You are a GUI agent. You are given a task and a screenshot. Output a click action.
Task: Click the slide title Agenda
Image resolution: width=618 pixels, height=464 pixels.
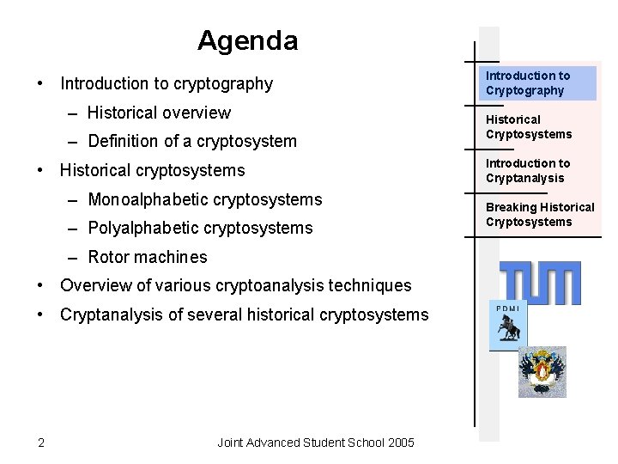click(247, 40)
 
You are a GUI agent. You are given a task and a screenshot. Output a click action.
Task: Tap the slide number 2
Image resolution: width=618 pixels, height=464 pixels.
click(41, 443)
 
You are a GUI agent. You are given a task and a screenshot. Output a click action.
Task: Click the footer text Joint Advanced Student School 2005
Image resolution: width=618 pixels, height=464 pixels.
click(315, 443)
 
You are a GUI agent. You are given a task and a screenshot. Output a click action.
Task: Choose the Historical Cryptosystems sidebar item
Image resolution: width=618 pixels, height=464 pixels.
click(528, 127)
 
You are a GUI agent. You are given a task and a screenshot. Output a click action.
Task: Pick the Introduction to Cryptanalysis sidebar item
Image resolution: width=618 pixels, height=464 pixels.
click(528, 171)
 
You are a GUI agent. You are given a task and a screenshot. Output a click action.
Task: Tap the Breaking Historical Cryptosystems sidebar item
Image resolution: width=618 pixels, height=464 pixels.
click(539, 215)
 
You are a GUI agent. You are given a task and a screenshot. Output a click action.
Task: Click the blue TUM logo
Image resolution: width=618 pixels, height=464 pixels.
click(540, 282)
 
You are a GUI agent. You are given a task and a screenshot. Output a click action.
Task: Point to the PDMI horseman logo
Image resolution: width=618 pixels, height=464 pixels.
click(507, 327)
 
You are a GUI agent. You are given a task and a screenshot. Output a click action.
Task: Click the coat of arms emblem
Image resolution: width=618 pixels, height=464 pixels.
click(542, 371)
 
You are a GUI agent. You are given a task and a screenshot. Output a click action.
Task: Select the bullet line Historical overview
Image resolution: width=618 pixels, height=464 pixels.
click(159, 113)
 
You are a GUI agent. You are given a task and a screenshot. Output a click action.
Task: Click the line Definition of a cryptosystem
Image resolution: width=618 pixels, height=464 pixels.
click(192, 141)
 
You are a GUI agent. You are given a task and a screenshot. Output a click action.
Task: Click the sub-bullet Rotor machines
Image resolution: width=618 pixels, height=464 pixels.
click(147, 257)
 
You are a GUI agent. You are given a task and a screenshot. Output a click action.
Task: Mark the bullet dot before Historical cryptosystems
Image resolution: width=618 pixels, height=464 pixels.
click(41, 170)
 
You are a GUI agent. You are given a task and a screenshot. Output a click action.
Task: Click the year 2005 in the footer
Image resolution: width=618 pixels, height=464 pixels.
click(400, 443)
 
